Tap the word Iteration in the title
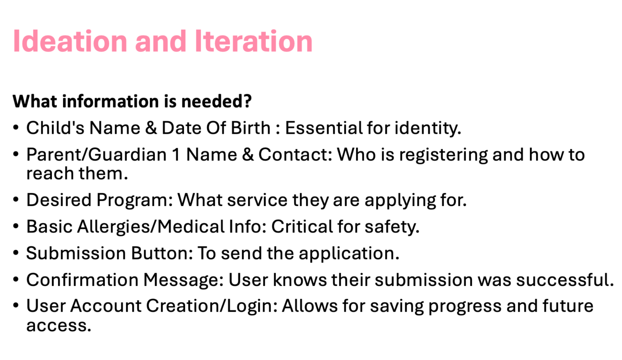[x=254, y=41]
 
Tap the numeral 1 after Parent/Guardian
[x=176, y=154]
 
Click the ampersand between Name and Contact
[x=248, y=154]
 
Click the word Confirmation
[x=82, y=279]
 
